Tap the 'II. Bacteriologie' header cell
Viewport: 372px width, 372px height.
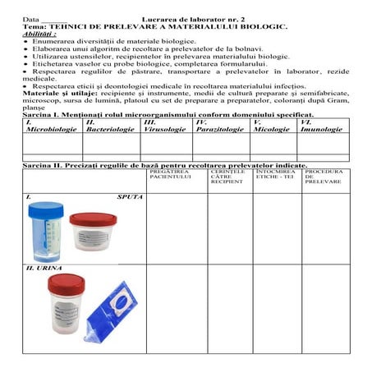[x=110, y=126]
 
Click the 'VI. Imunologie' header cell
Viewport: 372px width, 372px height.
[x=321, y=126]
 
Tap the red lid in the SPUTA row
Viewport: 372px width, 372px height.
[x=92, y=219]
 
